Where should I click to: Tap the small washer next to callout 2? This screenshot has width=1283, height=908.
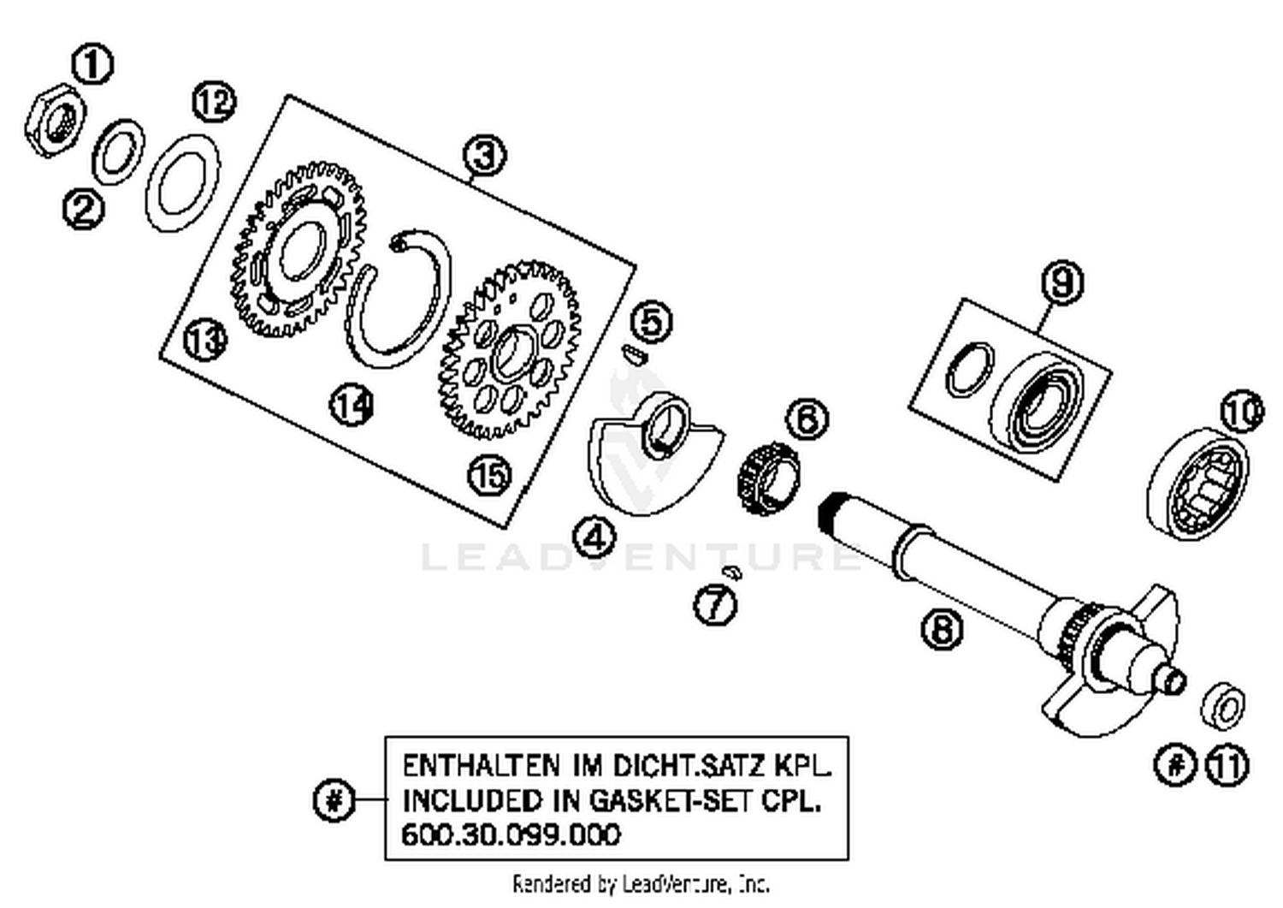coord(118,151)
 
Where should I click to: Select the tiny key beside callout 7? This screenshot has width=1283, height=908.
coord(730,571)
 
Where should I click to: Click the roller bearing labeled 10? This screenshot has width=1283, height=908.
coord(1196,484)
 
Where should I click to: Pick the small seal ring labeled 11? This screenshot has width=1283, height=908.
coord(1223,707)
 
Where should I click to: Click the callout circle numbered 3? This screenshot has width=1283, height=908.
coord(484,156)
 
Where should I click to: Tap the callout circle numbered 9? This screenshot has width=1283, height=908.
coord(1061,282)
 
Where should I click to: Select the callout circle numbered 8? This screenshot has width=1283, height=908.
coord(941,630)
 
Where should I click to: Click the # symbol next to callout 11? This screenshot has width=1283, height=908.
coord(1176,763)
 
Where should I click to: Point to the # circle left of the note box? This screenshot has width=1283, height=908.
coord(333,801)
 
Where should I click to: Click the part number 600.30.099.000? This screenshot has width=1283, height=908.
coord(511,834)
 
